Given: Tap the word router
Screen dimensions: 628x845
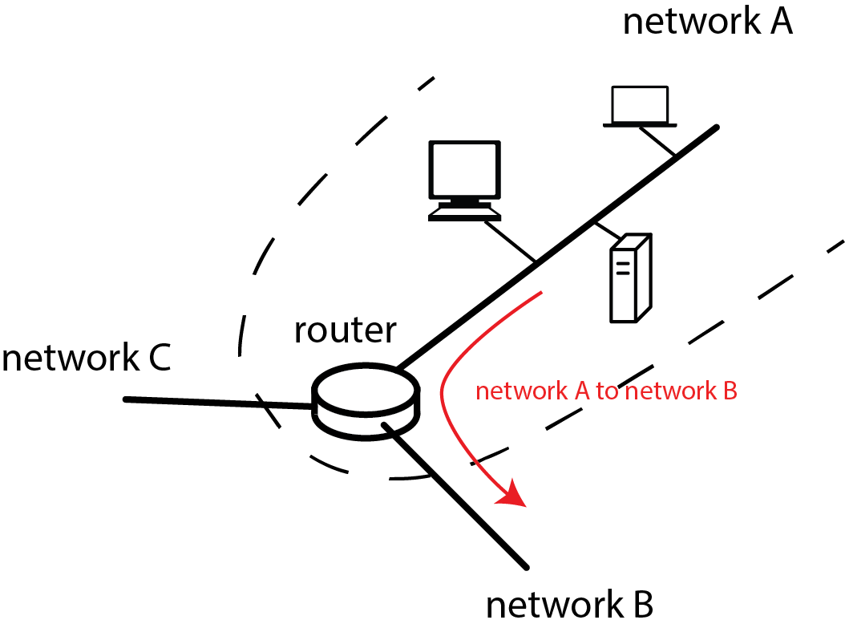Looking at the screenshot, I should (x=345, y=330).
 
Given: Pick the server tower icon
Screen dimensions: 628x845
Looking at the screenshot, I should (x=630, y=278).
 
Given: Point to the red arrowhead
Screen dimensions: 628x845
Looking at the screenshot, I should (x=511, y=495).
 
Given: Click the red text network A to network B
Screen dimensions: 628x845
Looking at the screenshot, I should (x=606, y=391).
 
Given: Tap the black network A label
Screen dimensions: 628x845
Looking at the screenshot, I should (x=707, y=23).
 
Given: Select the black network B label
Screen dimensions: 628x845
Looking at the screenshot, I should (x=569, y=606).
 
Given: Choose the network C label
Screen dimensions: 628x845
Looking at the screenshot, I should (x=86, y=359).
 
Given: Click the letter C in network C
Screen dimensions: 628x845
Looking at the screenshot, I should (x=159, y=359).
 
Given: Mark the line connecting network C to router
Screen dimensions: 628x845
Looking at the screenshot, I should (x=216, y=403).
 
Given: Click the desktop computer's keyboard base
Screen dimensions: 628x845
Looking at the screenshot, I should (x=466, y=213).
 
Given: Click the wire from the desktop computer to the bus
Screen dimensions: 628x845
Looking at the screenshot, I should (x=508, y=241).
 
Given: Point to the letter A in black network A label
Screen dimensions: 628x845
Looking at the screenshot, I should (x=780, y=23).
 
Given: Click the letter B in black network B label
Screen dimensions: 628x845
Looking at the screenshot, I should (x=641, y=606).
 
